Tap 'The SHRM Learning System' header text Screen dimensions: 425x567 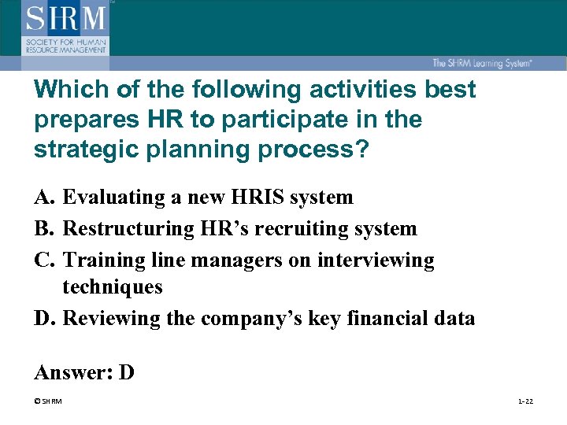coord(481,64)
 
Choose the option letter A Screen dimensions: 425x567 coord(43,197)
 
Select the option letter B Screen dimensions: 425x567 coord(43,228)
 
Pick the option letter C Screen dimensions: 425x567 coord(43,260)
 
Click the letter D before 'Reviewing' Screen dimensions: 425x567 coord(43,318)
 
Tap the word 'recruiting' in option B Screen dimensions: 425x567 coord(304,228)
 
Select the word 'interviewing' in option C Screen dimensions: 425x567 coord(376,260)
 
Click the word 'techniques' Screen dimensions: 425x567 coord(113,287)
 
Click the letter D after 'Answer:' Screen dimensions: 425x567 coord(127,372)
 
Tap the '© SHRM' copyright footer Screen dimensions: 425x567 coord(49,401)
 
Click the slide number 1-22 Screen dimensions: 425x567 coord(525,401)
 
